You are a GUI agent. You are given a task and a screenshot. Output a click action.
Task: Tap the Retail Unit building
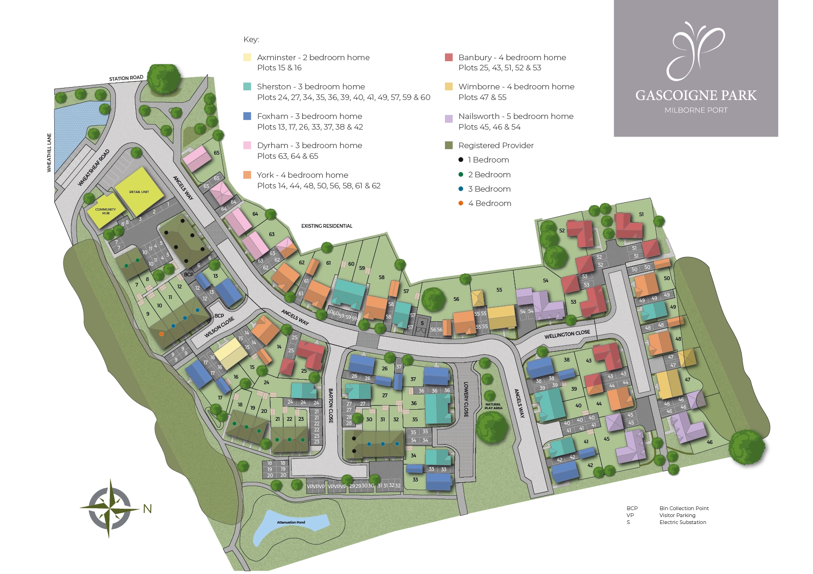click(x=139, y=191)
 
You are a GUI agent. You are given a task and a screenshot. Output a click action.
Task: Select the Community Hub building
click(x=105, y=212)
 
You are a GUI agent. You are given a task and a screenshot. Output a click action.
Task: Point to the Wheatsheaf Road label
click(x=94, y=168)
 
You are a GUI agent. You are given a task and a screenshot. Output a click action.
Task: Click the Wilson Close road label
click(x=220, y=327)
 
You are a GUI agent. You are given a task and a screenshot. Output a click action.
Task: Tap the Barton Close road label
click(x=330, y=406)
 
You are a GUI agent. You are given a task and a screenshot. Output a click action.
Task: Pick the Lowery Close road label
click(x=466, y=399)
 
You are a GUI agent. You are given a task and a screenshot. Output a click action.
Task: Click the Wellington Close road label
click(x=567, y=334)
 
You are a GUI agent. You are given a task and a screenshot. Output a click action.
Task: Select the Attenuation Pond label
click(x=291, y=522)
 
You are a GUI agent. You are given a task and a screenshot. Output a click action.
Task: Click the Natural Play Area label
click(x=493, y=406)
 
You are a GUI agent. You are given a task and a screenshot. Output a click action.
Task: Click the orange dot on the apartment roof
click(x=161, y=334)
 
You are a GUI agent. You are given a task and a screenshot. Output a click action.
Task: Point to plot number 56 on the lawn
click(x=456, y=299)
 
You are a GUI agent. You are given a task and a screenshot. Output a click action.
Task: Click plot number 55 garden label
click(x=499, y=290)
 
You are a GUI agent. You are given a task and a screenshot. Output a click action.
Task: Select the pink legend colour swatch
click(x=247, y=146)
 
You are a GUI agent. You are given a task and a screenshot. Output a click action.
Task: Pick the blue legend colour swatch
click(x=247, y=117)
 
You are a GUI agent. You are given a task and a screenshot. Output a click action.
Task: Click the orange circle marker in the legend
click(x=460, y=204)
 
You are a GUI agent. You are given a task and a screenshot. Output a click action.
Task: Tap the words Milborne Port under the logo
click(x=696, y=110)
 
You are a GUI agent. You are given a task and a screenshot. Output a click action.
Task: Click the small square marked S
click(x=422, y=324)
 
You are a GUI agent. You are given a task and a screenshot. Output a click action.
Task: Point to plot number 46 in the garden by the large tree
click(x=710, y=442)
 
